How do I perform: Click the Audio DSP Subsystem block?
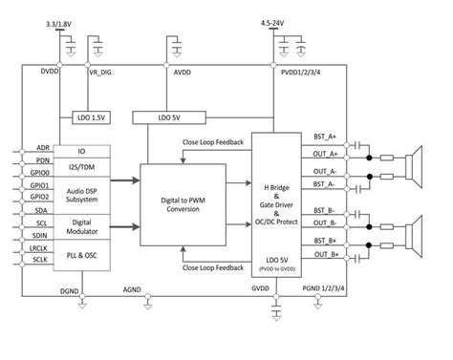coord(81,195)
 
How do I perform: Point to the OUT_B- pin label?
coord(326,223)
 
